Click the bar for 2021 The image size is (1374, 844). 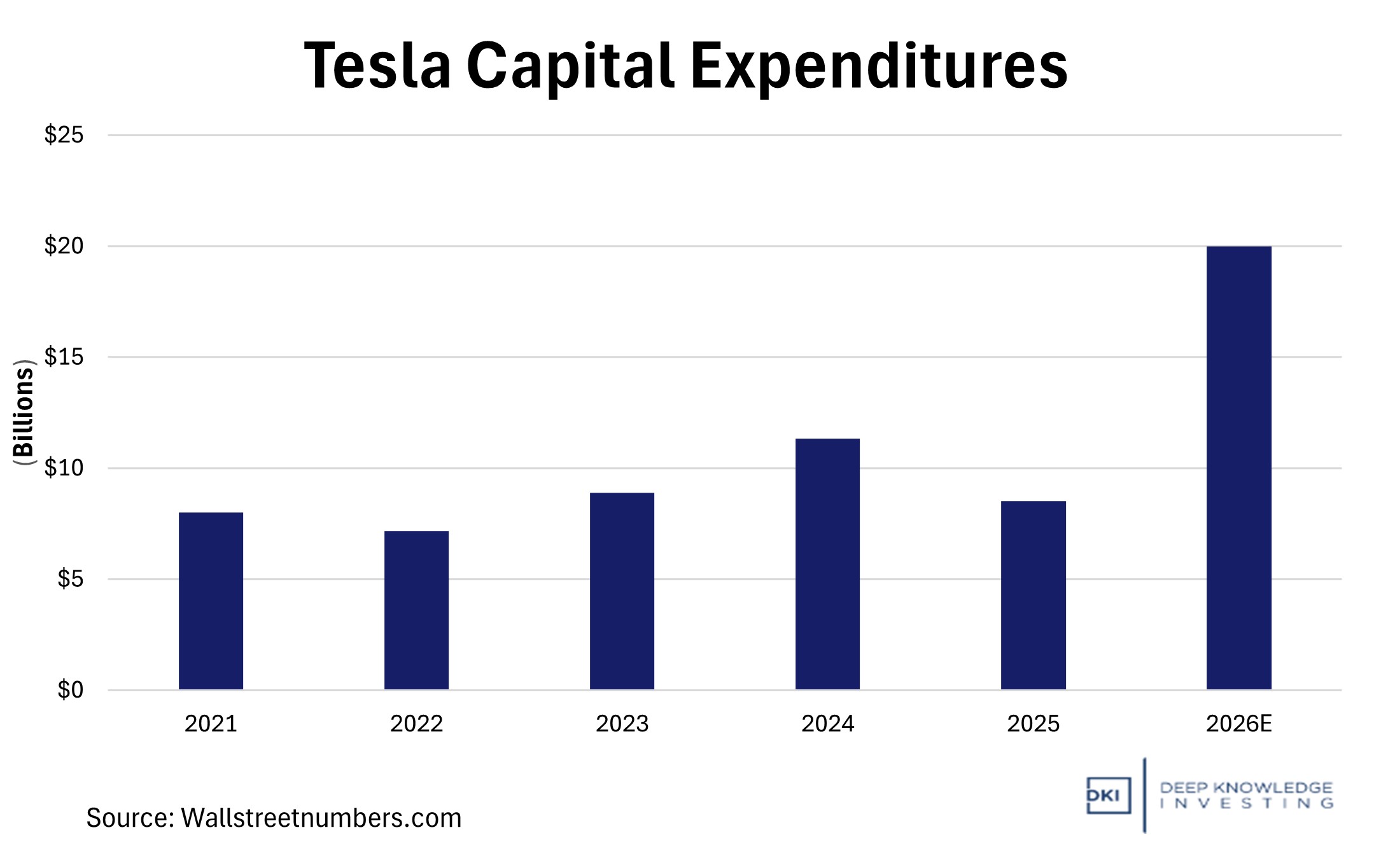(x=211, y=601)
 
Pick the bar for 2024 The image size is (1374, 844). (x=827, y=564)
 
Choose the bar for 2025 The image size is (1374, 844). (x=1033, y=595)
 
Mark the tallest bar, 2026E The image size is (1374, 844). (x=1238, y=468)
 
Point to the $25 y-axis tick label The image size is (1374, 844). (x=64, y=135)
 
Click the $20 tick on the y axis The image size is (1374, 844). (x=64, y=246)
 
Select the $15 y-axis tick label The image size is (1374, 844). (x=64, y=357)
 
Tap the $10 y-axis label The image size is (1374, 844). (x=64, y=468)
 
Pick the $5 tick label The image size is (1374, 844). (x=70, y=579)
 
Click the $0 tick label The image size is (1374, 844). (x=70, y=690)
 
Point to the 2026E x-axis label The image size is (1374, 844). (x=1238, y=724)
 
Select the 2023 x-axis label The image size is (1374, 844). (x=622, y=724)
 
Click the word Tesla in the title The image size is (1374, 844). (x=377, y=66)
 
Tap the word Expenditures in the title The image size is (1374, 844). (x=879, y=67)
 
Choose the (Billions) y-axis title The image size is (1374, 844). (x=24, y=412)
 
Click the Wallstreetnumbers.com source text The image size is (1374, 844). (x=321, y=818)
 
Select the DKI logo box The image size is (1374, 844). (x=1108, y=796)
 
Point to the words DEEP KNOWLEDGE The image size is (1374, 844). (x=1245, y=788)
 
